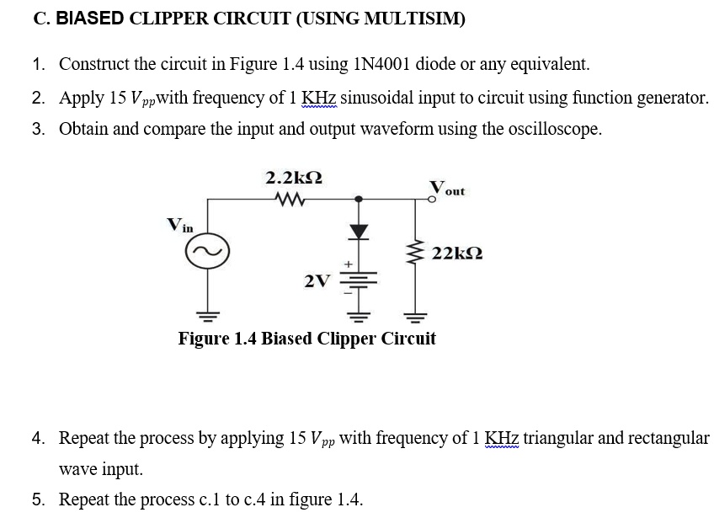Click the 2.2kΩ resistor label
(293, 179)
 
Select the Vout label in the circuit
(447, 188)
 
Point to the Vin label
(179, 225)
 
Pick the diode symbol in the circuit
(359, 230)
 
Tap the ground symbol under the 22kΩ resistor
(413, 316)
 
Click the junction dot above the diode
(359, 200)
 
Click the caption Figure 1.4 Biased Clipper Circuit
(307, 339)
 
